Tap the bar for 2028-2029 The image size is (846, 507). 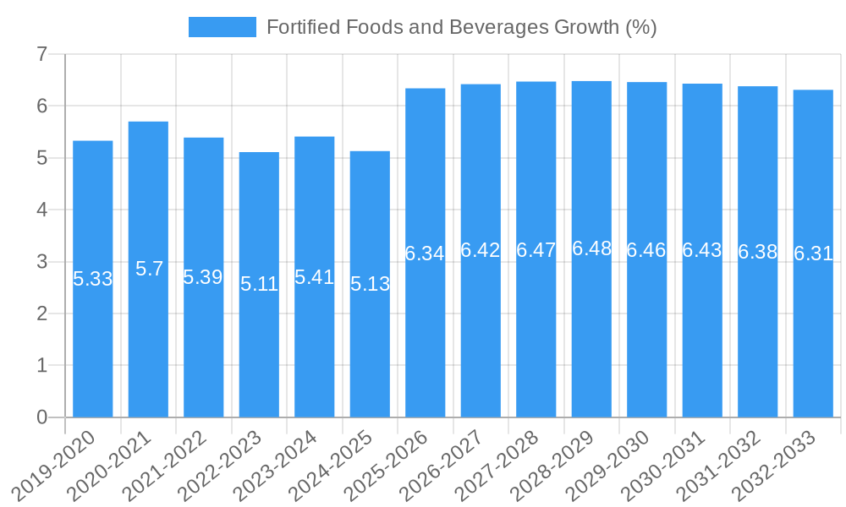[x=591, y=338]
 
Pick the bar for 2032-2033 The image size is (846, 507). [x=813, y=338]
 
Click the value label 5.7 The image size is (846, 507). [x=149, y=269]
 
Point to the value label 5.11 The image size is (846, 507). [x=259, y=284]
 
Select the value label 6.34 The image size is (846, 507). [x=425, y=253]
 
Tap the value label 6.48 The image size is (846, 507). [x=591, y=248]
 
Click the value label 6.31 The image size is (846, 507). [x=813, y=253]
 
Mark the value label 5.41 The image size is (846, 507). [x=314, y=277]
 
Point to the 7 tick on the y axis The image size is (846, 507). [x=41, y=55]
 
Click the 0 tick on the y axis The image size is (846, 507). [x=41, y=417]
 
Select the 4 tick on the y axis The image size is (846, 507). [x=41, y=210]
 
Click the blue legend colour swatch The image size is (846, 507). [x=222, y=27]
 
